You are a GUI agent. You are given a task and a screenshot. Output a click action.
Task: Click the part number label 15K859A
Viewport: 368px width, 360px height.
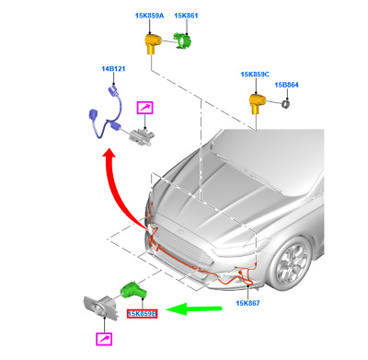pos(150,16)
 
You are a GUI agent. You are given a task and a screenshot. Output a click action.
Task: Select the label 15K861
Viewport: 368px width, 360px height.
pos(186,16)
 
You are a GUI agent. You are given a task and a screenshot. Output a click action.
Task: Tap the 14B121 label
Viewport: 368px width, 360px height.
pos(113,69)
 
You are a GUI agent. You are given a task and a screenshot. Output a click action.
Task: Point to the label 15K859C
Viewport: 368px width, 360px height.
pos(255,75)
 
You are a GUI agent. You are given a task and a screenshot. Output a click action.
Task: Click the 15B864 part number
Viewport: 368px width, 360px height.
pos(286,85)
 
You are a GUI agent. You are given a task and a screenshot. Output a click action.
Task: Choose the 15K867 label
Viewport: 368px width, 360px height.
pos(247,303)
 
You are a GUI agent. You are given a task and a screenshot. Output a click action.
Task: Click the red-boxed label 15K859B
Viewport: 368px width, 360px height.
pos(143,314)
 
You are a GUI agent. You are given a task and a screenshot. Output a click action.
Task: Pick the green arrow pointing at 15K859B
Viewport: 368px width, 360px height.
pos(194,308)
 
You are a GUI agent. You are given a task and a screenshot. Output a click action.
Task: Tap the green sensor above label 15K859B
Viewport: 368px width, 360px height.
pos(134,291)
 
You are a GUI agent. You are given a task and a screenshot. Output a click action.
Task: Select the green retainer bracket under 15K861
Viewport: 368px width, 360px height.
pos(182,41)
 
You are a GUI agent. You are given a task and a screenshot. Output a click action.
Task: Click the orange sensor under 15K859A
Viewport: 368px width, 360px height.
pos(152,43)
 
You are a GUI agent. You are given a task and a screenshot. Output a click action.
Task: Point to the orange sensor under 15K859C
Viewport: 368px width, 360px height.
pos(257,103)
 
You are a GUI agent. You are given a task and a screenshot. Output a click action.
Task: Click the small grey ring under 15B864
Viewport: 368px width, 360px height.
pos(286,103)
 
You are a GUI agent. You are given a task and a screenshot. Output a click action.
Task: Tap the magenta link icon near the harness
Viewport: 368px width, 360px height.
pos(145,108)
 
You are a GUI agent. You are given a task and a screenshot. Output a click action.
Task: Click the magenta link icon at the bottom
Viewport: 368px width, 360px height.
pos(104,339)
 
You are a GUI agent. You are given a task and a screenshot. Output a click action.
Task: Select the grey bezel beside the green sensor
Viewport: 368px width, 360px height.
pos(101,308)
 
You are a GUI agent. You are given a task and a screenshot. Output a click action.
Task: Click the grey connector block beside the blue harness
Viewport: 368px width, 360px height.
pos(143,136)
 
